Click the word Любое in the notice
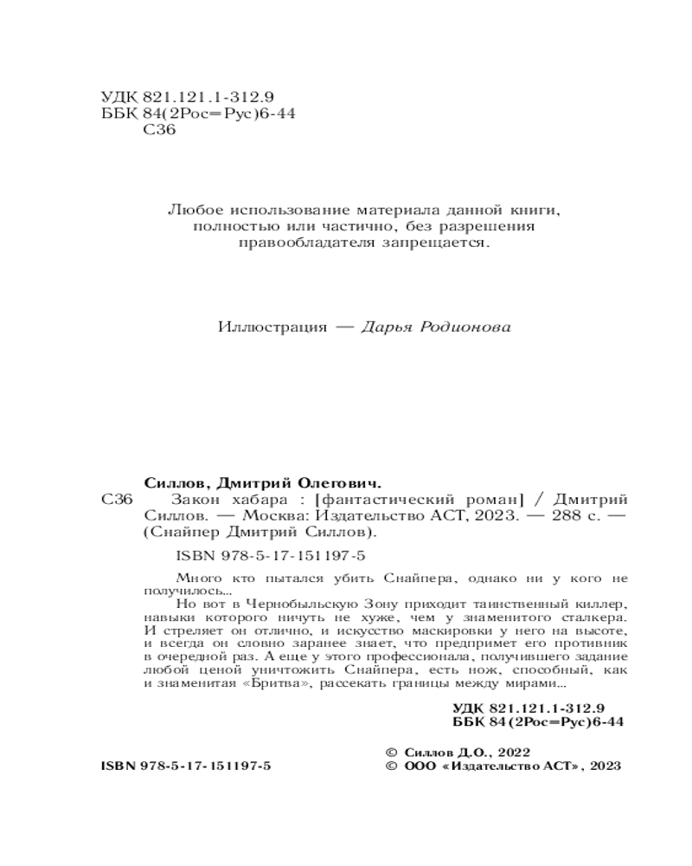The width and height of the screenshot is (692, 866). [190, 210]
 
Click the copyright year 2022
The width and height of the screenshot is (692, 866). [509, 753]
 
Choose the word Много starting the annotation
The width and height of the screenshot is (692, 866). [195, 577]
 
